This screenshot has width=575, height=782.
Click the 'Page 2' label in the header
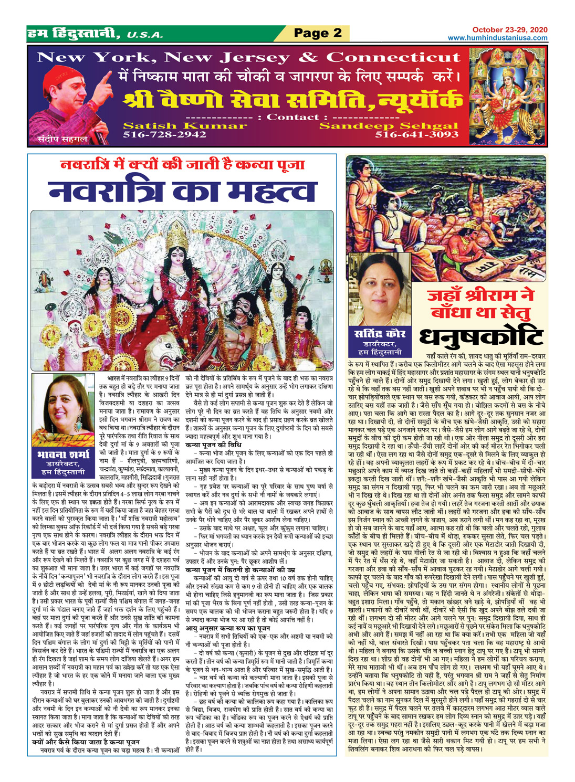(318, 33)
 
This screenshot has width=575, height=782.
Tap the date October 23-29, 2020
(509, 30)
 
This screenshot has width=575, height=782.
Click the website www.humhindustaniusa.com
(497, 38)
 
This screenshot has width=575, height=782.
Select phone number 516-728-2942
(164, 135)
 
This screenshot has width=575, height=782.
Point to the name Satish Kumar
(184, 126)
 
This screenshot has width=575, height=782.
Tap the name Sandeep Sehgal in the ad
(389, 126)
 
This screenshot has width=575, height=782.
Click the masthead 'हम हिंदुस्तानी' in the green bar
(77, 34)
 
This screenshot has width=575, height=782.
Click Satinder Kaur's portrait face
(381, 295)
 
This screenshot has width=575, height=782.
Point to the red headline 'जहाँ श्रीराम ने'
(480, 295)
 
